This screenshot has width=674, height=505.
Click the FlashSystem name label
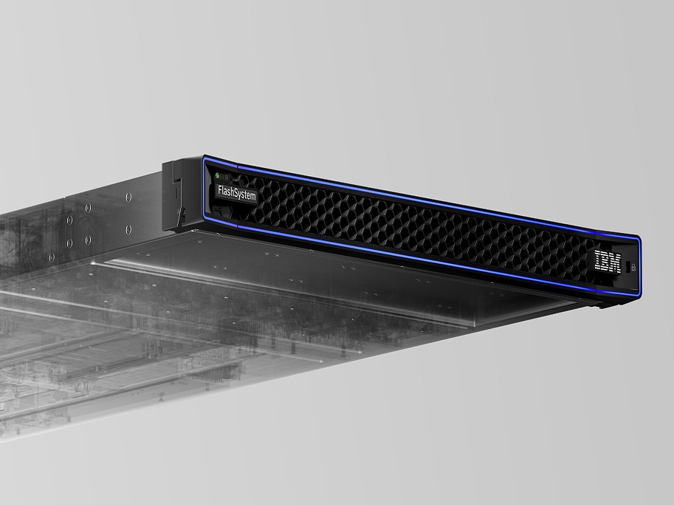(x=237, y=193)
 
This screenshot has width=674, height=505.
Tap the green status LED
(x=218, y=175)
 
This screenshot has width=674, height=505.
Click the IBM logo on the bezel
(x=608, y=261)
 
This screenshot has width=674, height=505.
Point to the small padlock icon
(x=633, y=267)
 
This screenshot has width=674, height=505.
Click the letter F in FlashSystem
(x=220, y=190)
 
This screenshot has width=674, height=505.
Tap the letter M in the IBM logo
(x=615, y=263)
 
